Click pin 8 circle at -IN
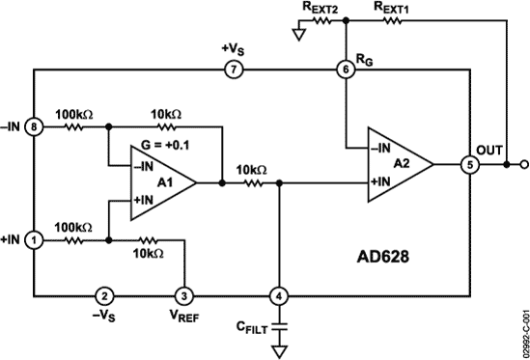tap(35, 125)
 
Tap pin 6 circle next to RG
tap(345, 69)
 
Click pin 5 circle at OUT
tap(469, 164)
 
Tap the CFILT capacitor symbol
tap(280, 330)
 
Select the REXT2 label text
tap(320, 9)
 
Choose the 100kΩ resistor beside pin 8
tap(75, 125)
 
